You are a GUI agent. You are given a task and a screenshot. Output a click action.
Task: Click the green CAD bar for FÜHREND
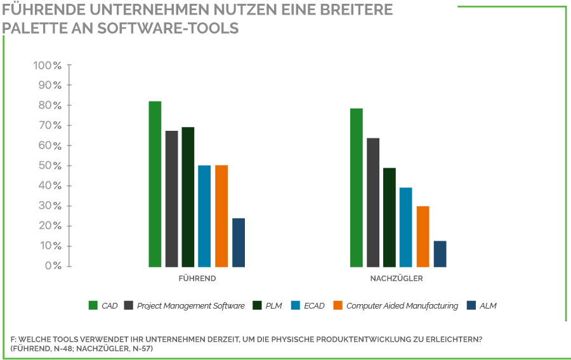[x=155, y=184]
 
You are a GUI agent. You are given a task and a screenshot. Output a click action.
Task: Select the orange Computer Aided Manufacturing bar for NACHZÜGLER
[x=423, y=236]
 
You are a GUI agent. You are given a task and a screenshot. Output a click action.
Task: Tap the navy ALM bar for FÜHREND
[x=239, y=243]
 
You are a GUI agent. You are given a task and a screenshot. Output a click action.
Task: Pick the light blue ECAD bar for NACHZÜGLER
[x=405, y=227]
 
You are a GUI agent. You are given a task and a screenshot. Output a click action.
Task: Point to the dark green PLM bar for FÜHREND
[x=188, y=197]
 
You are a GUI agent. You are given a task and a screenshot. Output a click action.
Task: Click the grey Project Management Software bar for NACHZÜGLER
[x=373, y=203]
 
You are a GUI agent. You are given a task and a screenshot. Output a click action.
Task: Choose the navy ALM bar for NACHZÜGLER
[x=440, y=254]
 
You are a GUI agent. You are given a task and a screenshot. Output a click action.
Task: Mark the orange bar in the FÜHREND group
[x=221, y=216]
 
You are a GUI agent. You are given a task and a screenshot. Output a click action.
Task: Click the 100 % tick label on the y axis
[x=48, y=65]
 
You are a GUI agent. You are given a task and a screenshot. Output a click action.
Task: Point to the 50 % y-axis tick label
[x=50, y=166]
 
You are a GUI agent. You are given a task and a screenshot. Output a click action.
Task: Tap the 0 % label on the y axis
[x=53, y=265]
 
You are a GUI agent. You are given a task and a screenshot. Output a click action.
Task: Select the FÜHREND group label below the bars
[x=197, y=278]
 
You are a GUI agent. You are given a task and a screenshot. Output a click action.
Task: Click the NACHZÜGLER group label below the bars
[x=397, y=278]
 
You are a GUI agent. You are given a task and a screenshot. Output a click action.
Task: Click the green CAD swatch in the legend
[x=93, y=305]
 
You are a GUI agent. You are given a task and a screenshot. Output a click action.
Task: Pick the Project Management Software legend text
[x=191, y=305]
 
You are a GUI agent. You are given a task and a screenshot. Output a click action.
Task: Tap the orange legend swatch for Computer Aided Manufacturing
[x=338, y=305]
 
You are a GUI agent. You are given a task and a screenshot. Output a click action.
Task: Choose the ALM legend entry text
[x=488, y=305]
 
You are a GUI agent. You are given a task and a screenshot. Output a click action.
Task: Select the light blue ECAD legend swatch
[x=296, y=305]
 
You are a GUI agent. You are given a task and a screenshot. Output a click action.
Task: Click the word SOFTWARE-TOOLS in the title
[x=168, y=28]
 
